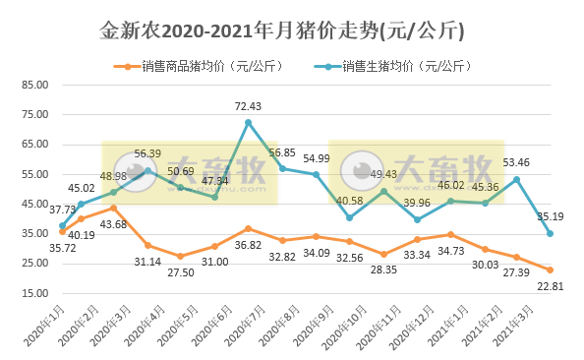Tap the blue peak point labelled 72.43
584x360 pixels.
[x=248, y=122]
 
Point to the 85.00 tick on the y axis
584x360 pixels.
[x=34, y=85]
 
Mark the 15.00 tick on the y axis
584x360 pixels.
[x=34, y=293]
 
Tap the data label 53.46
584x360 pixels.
[x=516, y=162]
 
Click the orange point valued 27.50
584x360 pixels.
[x=180, y=256]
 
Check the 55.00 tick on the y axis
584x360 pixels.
[x=34, y=174]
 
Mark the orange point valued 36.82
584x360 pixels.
[x=248, y=228]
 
